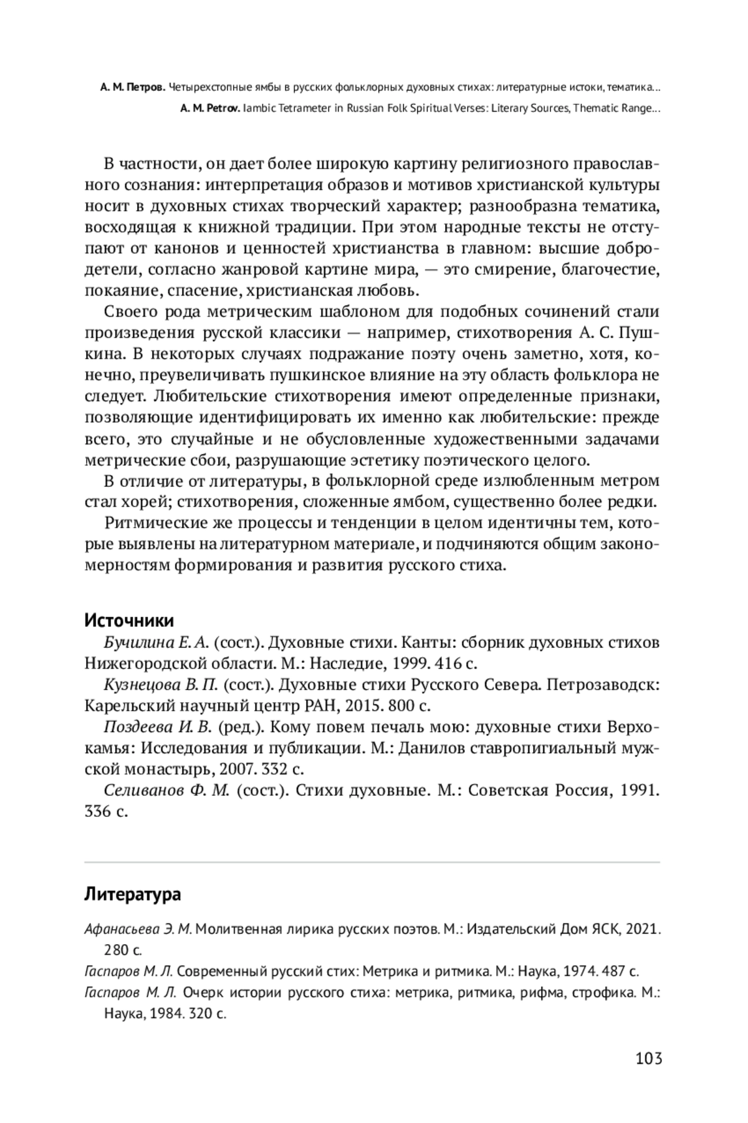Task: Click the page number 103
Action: (648, 1058)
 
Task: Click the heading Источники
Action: (129, 620)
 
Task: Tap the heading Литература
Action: (132, 894)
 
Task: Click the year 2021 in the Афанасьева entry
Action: (643, 929)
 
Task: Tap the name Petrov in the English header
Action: (221, 108)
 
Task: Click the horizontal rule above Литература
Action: (372, 862)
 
